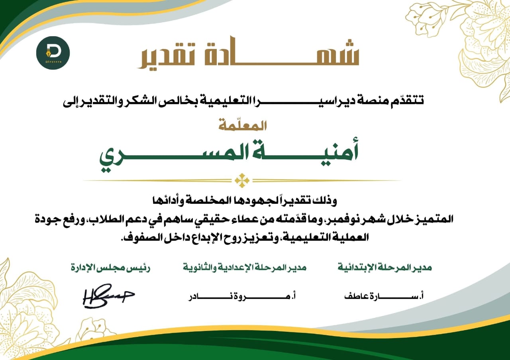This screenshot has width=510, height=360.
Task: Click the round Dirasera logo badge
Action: [x=53, y=53]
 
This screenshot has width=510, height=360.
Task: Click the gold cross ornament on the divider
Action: [x=242, y=180]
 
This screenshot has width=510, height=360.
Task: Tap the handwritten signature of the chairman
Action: [x=108, y=296]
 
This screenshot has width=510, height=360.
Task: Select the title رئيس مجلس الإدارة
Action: [x=111, y=268]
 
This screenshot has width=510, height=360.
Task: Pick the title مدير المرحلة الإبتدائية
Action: [x=385, y=268]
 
